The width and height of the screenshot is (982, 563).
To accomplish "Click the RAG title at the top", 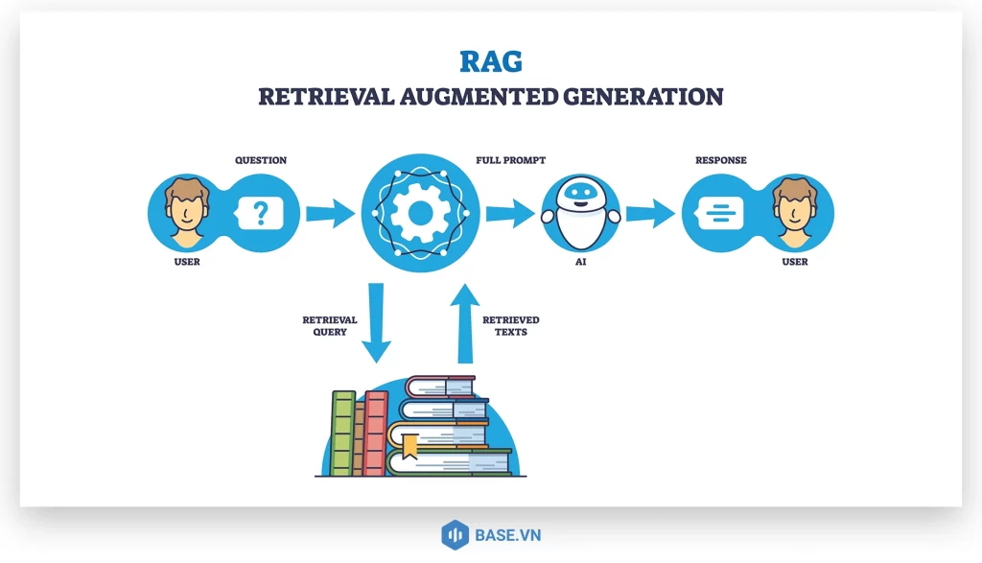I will [490, 61].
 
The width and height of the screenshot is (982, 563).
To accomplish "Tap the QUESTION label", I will [261, 160].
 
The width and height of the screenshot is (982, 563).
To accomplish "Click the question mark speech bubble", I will [259, 211].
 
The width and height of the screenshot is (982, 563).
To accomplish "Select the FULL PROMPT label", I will [511, 160].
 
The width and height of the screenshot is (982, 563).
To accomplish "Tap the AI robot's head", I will [580, 197].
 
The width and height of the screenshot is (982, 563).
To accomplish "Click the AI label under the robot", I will [580, 261].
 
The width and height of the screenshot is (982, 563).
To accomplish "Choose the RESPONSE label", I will [720, 160].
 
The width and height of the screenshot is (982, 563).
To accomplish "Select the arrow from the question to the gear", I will [330, 213].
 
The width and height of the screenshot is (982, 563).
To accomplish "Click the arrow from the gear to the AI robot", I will [508, 213].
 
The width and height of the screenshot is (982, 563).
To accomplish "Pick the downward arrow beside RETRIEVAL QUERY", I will [375, 322].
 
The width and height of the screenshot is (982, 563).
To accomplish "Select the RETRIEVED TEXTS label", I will [510, 326].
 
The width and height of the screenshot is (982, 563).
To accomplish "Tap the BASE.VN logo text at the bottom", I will [506, 534].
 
